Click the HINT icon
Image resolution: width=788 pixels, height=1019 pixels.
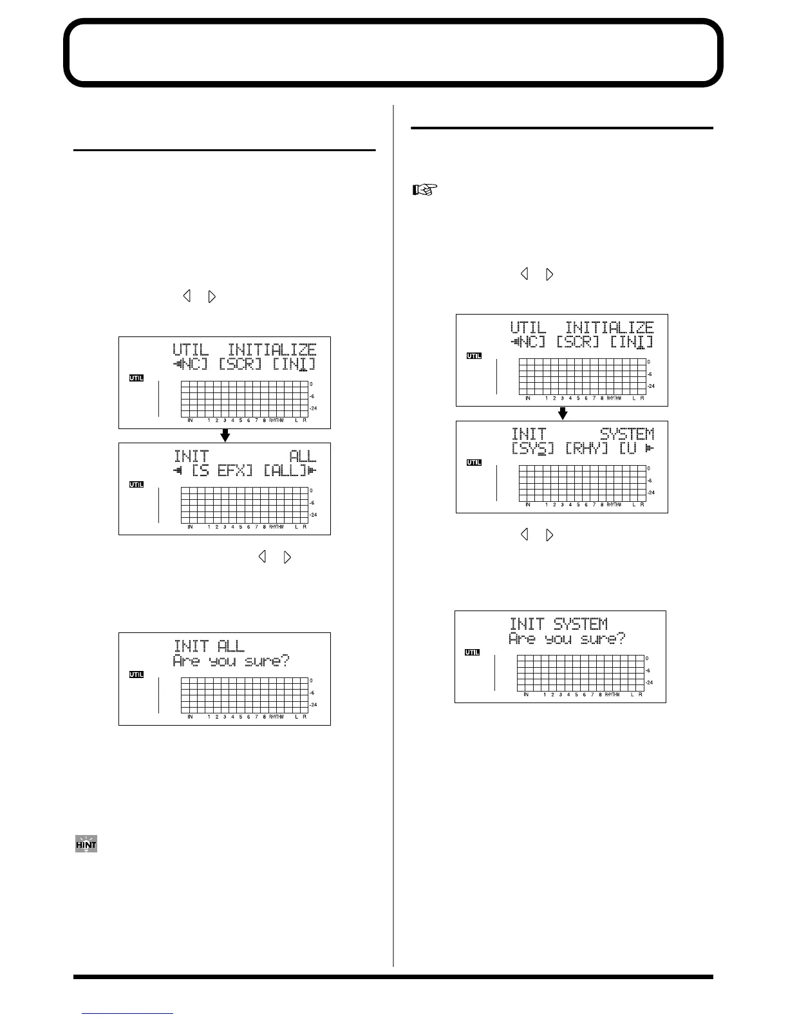(x=86, y=843)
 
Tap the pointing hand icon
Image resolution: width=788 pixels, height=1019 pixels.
(x=425, y=190)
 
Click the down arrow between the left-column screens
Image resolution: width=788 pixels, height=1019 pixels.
(x=225, y=436)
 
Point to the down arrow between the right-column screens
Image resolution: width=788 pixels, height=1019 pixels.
(x=562, y=414)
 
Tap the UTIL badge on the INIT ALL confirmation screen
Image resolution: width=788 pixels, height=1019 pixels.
(x=136, y=674)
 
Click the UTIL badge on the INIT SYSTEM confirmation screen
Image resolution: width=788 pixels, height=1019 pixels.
(x=473, y=652)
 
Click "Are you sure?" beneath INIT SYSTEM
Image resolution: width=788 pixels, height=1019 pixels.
(x=567, y=639)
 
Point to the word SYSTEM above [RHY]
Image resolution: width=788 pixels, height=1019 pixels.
(x=626, y=434)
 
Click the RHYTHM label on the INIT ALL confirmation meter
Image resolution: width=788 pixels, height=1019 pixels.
(x=276, y=717)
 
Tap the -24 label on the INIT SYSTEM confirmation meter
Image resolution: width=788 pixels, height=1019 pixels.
(x=650, y=683)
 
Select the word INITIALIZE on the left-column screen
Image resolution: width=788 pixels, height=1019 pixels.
(x=272, y=351)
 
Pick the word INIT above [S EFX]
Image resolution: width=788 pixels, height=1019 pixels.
(x=191, y=457)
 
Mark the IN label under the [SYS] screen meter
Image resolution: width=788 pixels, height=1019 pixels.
(x=528, y=505)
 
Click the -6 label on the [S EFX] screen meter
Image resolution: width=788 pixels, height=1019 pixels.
(x=312, y=502)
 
